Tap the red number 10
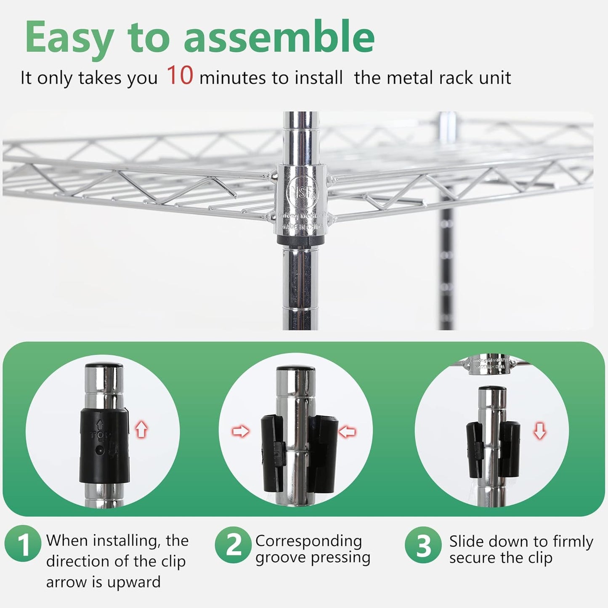[x=180, y=76]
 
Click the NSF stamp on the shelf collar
[x=302, y=193]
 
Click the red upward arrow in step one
[x=141, y=430]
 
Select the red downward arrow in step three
[x=540, y=431]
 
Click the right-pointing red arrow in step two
[x=241, y=431]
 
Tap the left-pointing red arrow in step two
[x=348, y=431]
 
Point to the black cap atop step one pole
[x=104, y=365]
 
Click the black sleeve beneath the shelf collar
[x=300, y=241]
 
